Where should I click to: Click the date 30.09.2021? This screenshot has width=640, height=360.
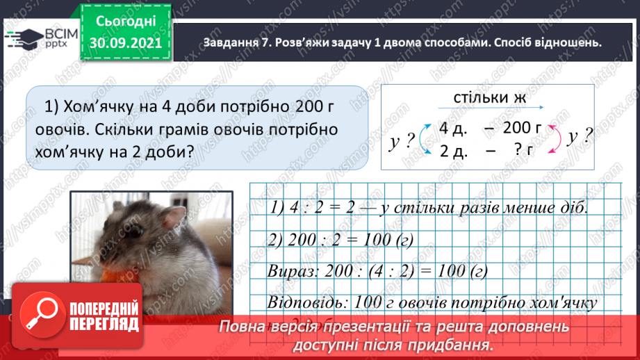click(x=125, y=44)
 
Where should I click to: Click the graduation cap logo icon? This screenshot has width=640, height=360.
click(x=24, y=38)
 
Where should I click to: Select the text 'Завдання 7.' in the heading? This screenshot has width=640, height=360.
click(x=236, y=42)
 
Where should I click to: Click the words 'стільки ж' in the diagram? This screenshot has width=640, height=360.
click(x=490, y=97)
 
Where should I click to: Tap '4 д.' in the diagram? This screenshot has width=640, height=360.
click(x=454, y=128)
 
